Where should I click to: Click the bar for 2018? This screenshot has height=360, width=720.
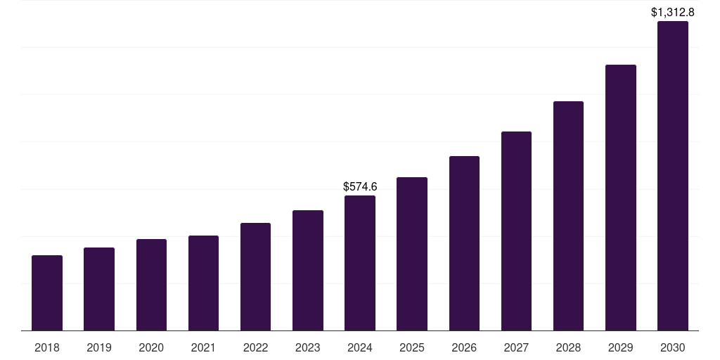(47, 293)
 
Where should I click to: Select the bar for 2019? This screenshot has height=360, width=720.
(99, 289)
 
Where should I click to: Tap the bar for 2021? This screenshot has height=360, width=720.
(203, 283)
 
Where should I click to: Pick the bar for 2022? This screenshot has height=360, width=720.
(255, 277)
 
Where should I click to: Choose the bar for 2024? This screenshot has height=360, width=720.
(360, 263)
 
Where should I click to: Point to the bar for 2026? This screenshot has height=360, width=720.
(464, 243)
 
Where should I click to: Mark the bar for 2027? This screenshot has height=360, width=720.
(516, 231)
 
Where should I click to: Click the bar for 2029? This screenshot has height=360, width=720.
(620, 198)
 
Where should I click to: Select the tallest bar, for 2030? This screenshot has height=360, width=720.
(673, 176)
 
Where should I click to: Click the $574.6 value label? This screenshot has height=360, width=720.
(360, 187)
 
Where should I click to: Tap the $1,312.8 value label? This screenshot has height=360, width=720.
(673, 12)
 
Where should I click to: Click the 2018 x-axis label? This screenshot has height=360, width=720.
(47, 347)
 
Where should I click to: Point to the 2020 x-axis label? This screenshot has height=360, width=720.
(151, 347)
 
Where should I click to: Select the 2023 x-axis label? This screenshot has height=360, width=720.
(307, 347)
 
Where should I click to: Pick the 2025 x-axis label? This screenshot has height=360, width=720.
(412, 347)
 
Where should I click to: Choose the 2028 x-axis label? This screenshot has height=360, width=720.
(568, 347)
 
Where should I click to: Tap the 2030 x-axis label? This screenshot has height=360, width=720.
(673, 347)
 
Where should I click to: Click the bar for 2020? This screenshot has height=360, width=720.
(151, 285)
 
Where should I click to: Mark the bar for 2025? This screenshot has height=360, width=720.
(412, 254)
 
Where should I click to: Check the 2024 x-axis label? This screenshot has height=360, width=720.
(360, 347)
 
